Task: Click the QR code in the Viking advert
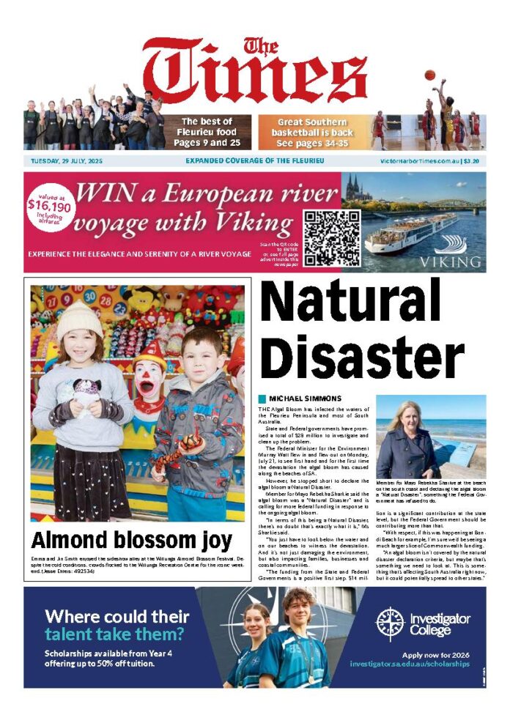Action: [x=332, y=238]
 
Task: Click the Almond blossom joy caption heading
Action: [x=132, y=541]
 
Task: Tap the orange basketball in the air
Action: [x=429, y=75]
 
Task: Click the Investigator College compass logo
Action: [x=390, y=623]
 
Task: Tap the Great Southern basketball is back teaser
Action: [x=315, y=132]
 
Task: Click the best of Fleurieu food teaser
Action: [x=206, y=132]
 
